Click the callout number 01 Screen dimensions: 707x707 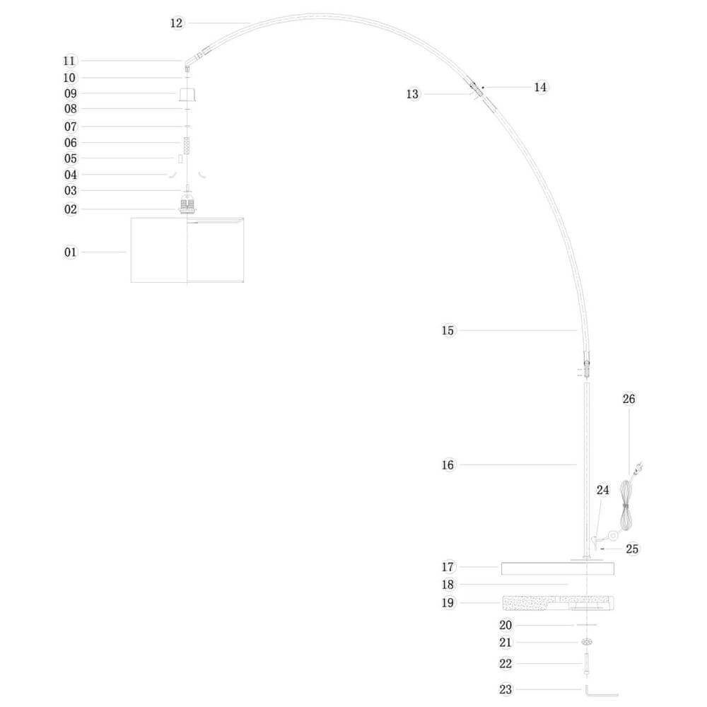pyautogui.click(x=70, y=252)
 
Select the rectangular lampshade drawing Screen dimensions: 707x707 pyautogui.click(x=187, y=250)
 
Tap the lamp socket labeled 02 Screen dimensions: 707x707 pyautogui.click(x=187, y=207)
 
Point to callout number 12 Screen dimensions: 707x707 pyautogui.click(x=177, y=23)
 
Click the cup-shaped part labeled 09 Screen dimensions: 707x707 pyautogui.click(x=187, y=95)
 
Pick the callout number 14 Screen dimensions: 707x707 pyautogui.click(x=540, y=87)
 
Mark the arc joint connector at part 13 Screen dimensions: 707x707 pyautogui.click(x=476, y=88)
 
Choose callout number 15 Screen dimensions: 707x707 pyautogui.click(x=448, y=330)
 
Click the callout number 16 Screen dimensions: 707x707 pyautogui.click(x=448, y=464)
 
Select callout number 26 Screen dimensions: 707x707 pyautogui.click(x=629, y=399)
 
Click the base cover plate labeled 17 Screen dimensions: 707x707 pyautogui.click(x=557, y=568)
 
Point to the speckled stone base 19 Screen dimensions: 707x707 pyautogui.click(x=557, y=603)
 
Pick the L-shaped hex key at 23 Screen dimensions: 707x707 pyautogui.click(x=600, y=691)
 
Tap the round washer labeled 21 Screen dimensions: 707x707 pyautogui.click(x=586, y=642)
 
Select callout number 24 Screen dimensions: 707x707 pyautogui.click(x=602, y=489)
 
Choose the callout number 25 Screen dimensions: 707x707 pyautogui.click(x=633, y=548)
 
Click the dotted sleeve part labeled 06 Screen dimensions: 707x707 pyautogui.click(x=187, y=146)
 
